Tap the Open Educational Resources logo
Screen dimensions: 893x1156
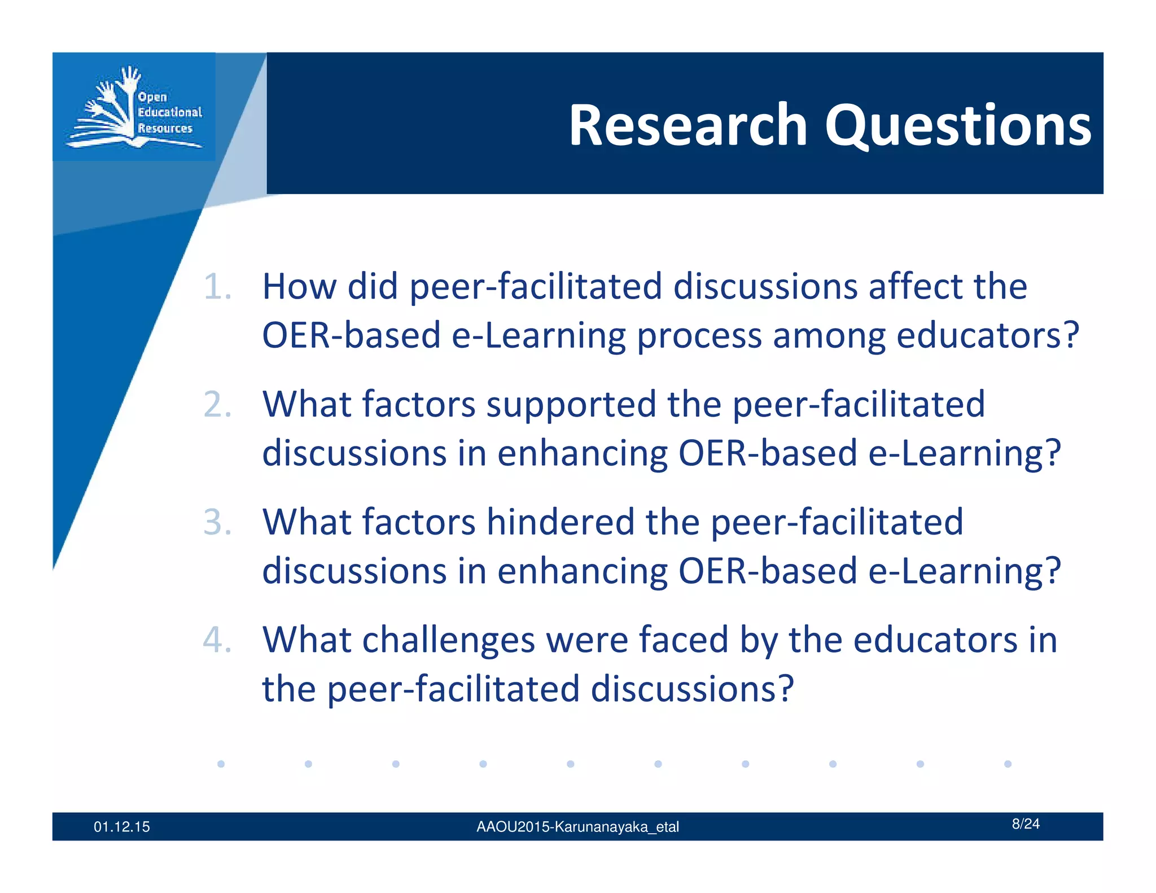134,107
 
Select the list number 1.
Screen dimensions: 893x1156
217,287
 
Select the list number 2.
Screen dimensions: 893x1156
217,405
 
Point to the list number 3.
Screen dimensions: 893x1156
217,522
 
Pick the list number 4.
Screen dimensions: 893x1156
217,640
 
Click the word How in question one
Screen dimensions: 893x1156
299,286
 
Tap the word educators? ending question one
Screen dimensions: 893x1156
987,335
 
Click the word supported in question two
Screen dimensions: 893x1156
571,405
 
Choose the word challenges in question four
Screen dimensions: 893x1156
448,640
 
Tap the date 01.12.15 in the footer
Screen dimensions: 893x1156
122,827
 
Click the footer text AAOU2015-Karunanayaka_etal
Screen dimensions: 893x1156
577,827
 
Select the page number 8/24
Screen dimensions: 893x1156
1025,824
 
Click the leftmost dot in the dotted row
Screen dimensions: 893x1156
221,764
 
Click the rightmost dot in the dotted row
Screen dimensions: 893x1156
1008,764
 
